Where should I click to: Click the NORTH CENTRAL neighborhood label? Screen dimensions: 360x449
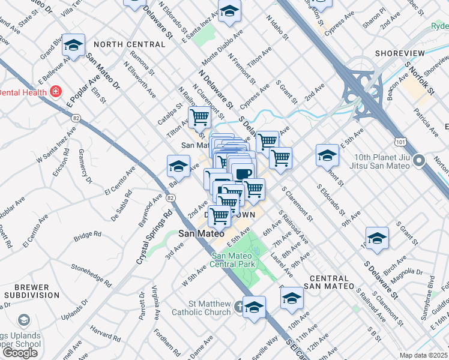(129, 44)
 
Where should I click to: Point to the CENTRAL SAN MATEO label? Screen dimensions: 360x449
(330, 283)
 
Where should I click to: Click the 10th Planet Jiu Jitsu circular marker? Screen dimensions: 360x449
(420, 161)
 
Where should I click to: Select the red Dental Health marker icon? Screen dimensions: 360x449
(56, 92)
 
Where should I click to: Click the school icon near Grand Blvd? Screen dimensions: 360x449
(73, 45)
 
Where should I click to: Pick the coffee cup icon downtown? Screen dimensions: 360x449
(243, 175)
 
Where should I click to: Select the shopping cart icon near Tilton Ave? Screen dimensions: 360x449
(199, 117)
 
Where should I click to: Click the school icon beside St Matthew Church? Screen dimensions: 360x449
(255, 307)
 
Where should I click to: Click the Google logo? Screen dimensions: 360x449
(20, 353)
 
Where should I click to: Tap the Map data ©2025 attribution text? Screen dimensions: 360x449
(423, 355)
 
